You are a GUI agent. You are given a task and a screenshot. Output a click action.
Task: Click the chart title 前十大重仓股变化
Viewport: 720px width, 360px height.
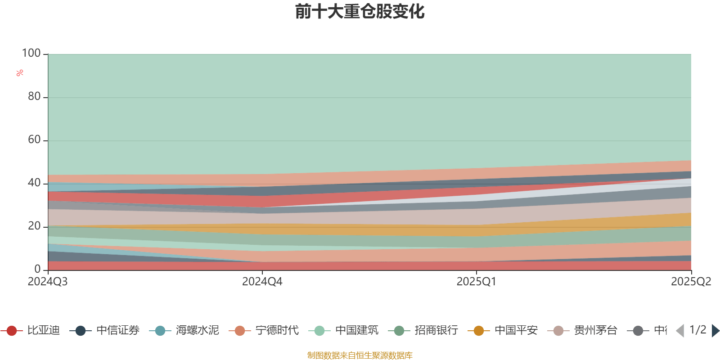click(360, 12)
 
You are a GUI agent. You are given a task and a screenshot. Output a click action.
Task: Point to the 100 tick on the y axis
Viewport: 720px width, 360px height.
click(31, 53)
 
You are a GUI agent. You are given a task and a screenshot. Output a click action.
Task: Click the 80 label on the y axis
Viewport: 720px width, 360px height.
click(34, 96)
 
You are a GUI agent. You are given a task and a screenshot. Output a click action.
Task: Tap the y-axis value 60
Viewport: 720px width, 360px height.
click(34, 139)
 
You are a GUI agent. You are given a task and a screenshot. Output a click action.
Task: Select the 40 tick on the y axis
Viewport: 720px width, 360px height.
click(34, 183)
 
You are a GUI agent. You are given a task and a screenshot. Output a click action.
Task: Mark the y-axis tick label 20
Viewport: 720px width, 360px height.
click(34, 226)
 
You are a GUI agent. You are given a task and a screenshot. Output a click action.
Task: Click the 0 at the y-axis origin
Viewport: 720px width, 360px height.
click(37, 269)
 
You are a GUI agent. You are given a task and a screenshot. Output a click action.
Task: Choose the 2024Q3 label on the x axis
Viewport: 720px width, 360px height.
click(48, 282)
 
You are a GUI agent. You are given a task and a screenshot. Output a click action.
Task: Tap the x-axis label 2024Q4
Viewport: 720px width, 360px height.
click(262, 282)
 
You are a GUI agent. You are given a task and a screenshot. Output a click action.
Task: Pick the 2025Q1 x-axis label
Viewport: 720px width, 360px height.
click(476, 282)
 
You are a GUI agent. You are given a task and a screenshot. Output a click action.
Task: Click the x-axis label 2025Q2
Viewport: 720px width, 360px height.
click(691, 282)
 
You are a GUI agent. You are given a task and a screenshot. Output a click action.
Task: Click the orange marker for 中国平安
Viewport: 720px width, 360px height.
click(479, 331)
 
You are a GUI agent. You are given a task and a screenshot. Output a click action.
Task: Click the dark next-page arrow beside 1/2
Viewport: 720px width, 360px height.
click(715, 331)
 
